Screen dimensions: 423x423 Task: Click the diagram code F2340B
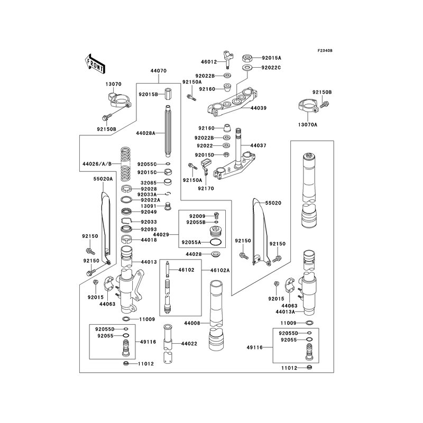[x=325, y=50]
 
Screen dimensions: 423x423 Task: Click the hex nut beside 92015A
[x=247, y=58]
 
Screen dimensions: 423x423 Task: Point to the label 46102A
[x=219, y=270]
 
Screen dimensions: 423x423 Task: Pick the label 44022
[x=189, y=344]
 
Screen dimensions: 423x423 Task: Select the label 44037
[x=259, y=145]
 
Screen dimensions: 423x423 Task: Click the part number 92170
[x=206, y=187]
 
